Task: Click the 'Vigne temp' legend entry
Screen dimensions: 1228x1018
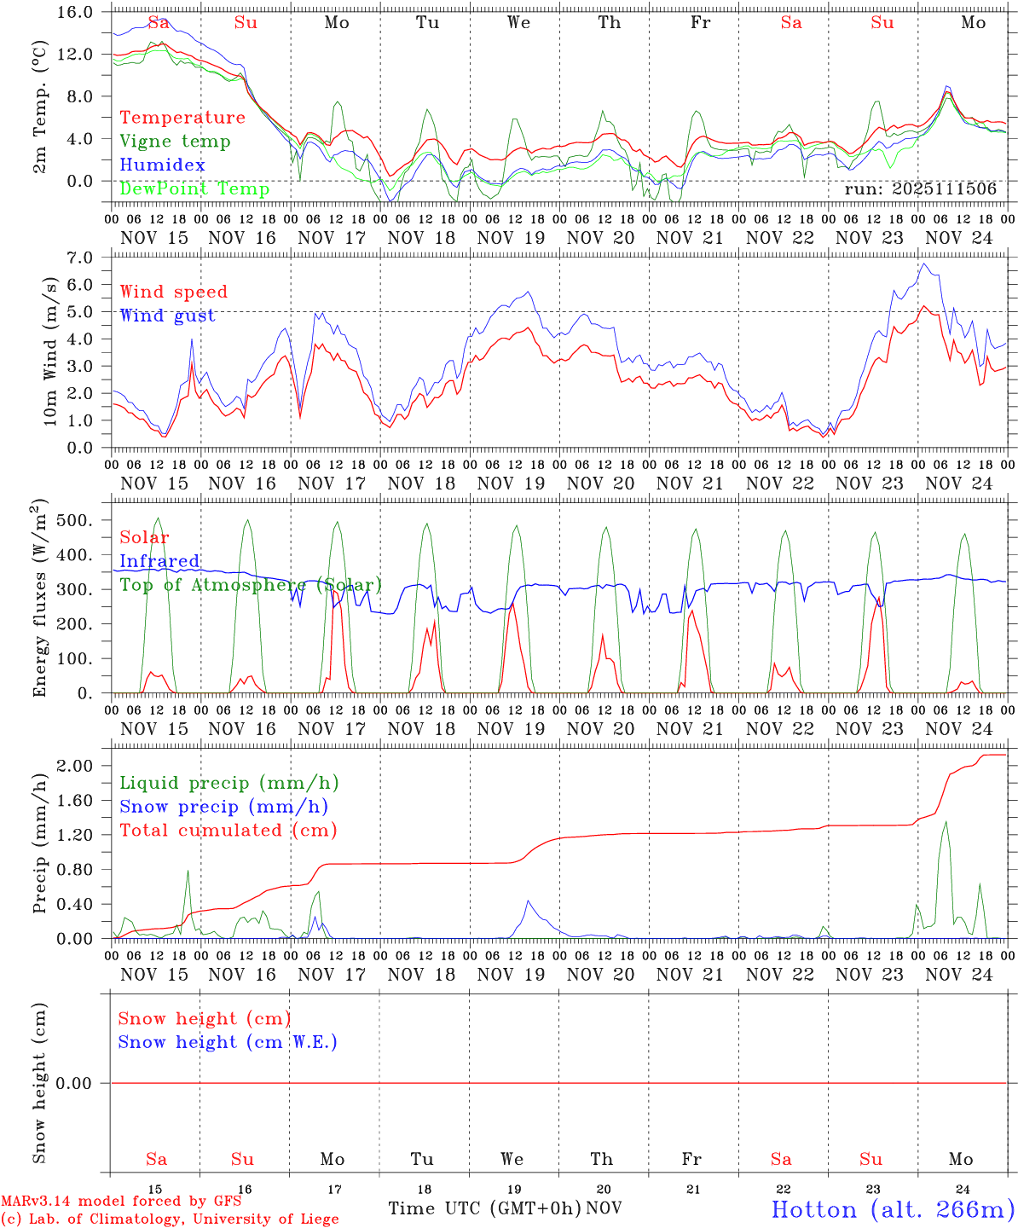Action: [x=175, y=142]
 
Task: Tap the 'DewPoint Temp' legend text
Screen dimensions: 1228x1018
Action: [x=194, y=189]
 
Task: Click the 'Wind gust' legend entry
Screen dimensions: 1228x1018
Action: [x=167, y=316]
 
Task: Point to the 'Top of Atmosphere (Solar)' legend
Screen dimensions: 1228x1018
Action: [x=251, y=585]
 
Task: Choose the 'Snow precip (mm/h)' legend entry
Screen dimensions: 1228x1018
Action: [x=224, y=807]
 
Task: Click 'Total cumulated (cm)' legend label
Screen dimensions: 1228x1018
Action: [x=228, y=831]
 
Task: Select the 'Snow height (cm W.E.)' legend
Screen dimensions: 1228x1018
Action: [x=228, y=1042]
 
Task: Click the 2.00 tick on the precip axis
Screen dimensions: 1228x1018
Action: [x=81, y=766]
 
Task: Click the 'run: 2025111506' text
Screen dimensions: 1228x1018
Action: [x=920, y=189]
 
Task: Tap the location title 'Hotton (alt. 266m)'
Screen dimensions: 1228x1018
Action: [x=892, y=1209]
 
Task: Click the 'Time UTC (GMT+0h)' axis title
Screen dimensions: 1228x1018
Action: [x=484, y=1208]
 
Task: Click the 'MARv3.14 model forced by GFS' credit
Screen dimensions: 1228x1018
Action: [x=121, y=1202]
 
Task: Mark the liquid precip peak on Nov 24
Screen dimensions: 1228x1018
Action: [x=945, y=822]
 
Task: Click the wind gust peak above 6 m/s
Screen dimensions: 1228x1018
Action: [x=924, y=264]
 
